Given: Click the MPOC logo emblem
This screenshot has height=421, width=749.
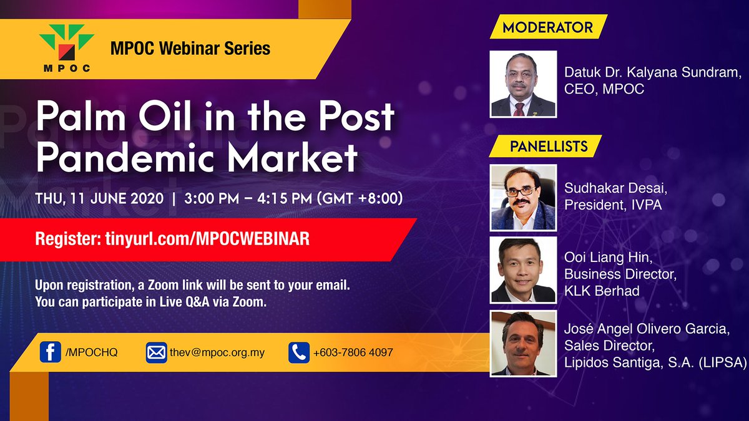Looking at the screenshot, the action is [x=67, y=47].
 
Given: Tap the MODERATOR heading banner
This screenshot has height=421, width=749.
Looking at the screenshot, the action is [x=549, y=27].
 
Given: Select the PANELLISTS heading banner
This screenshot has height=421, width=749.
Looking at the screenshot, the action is [x=546, y=146].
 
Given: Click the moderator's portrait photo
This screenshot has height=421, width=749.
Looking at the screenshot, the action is [x=523, y=84].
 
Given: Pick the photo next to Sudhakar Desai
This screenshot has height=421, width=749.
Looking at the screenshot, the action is [x=523, y=198].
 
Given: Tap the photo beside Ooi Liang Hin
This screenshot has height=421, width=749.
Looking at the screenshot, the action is [x=523, y=270].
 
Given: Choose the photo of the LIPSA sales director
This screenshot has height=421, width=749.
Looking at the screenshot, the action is [x=523, y=344].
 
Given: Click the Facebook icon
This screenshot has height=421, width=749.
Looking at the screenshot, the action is [x=50, y=352].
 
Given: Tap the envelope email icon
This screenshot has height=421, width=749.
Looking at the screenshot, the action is [x=156, y=352].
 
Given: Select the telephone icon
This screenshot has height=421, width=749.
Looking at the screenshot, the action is [x=299, y=352].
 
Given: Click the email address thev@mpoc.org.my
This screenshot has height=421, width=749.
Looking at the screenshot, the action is [x=217, y=353].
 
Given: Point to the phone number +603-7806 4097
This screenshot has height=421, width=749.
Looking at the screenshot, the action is [x=353, y=352].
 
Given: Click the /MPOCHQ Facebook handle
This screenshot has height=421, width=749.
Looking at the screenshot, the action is [x=91, y=352].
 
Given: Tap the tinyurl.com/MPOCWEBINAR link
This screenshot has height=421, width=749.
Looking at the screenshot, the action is [x=207, y=239].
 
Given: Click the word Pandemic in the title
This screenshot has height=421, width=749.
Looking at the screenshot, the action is [x=125, y=157].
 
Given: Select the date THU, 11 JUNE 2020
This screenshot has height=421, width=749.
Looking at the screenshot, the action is [x=99, y=198].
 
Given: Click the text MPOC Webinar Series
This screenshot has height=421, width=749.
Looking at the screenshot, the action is [x=190, y=49].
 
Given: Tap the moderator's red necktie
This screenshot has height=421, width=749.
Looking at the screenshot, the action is [x=519, y=109].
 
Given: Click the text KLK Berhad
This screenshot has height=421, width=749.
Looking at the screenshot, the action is [x=602, y=291].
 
